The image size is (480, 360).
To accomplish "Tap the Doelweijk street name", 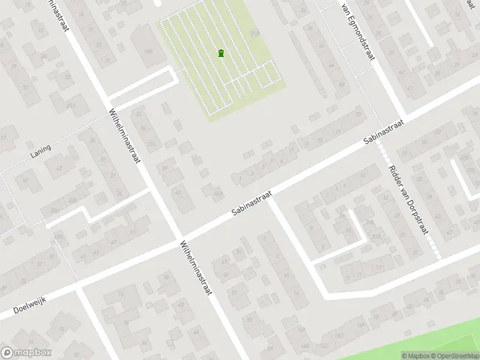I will coord(28,305).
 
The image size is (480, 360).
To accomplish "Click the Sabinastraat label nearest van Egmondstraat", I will coord(383,131).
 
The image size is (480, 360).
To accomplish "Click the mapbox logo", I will coord(26,353).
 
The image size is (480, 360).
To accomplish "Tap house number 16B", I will coord(306,346).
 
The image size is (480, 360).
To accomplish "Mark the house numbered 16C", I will coord(325,345).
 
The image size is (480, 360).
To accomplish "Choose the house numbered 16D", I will coord(339,335).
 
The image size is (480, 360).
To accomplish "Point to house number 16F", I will coord(361,325).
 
